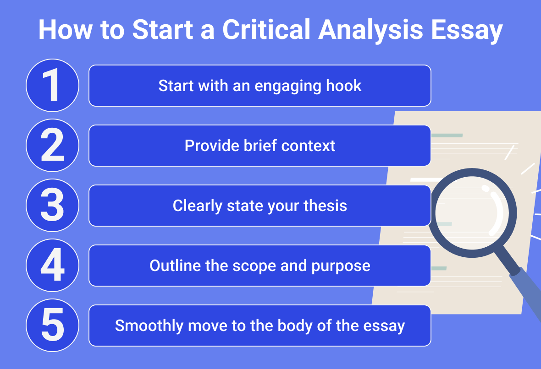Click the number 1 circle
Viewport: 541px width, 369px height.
52,86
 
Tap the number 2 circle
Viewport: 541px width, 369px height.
52,146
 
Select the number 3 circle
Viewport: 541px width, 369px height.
52,206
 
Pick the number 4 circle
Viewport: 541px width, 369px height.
52,266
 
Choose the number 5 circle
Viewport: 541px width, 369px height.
52,326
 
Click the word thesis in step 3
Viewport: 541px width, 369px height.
325,206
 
